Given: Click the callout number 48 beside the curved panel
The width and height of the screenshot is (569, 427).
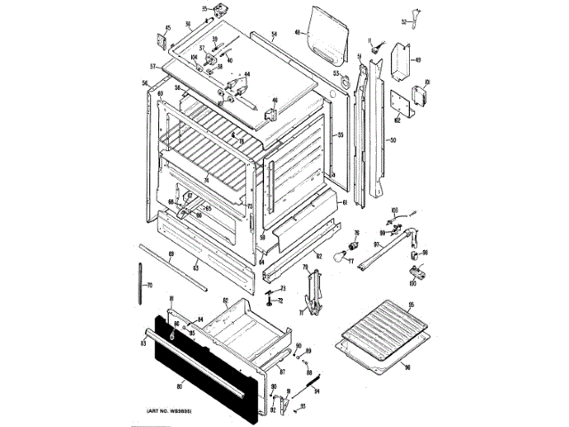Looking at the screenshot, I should [298, 36].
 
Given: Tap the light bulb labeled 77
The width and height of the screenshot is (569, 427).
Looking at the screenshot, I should [339, 257].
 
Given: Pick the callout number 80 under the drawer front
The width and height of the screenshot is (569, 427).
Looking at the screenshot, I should [180, 385].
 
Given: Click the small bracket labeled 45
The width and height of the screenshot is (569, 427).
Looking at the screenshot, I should [164, 40].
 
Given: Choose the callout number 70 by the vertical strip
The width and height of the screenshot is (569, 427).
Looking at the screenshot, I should [149, 286].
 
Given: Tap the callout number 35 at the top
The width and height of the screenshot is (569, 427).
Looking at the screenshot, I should [204, 9].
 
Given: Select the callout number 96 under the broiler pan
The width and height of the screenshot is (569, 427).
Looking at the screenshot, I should [408, 367].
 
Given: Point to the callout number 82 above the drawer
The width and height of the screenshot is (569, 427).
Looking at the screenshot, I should [226, 301].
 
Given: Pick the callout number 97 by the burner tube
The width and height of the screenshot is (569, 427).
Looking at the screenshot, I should [376, 245].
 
